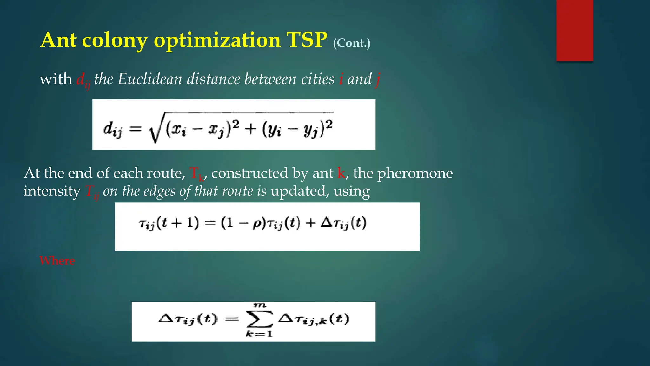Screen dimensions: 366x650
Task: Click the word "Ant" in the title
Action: point(59,40)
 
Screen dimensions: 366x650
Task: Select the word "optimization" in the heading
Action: point(217,40)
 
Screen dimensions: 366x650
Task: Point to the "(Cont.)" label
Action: point(352,43)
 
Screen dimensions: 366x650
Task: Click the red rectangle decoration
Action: point(574,30)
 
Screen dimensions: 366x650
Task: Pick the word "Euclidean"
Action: point(150,79)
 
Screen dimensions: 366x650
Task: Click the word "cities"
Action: point(318,79)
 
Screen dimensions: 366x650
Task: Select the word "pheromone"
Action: point(415,173)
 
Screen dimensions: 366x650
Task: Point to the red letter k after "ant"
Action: point(341,173)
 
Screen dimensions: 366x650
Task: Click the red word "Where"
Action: point(57,261)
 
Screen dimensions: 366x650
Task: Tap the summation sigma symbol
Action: point(259,319)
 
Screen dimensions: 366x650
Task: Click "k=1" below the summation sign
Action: point(259,334)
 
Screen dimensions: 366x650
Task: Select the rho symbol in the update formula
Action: point(257,224)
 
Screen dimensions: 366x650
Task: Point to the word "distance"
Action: point(213,79)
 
